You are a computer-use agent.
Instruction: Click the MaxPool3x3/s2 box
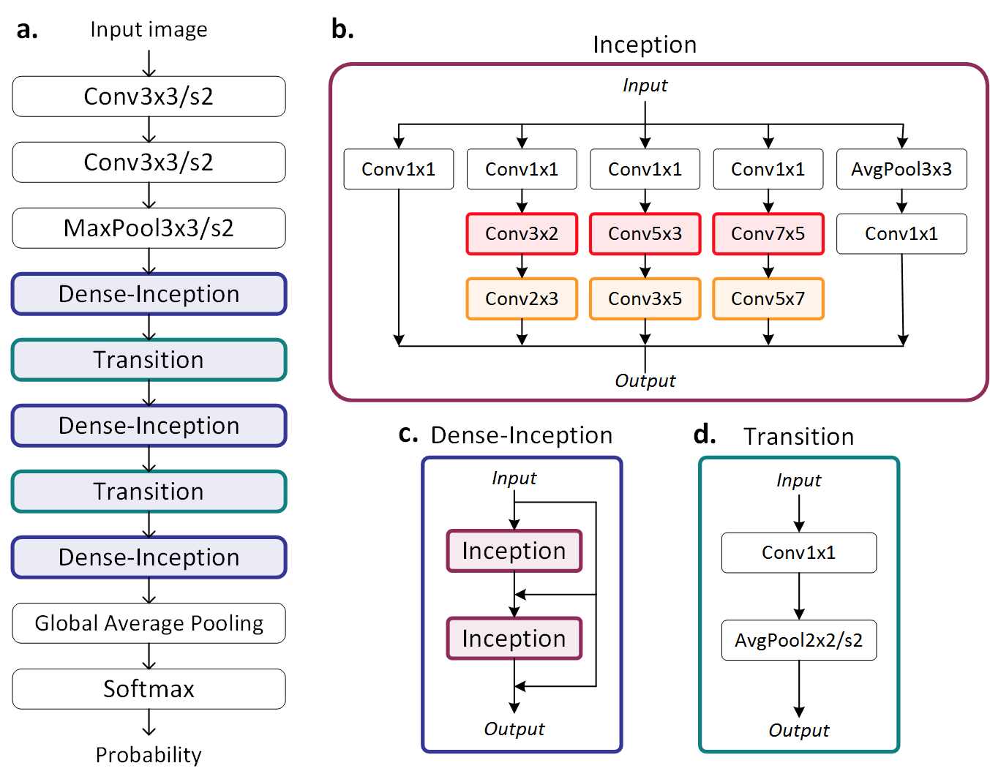[x=149, y=228]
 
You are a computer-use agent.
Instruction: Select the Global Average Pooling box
[x=149, y=623]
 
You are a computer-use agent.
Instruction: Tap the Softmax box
[x=149, y=689]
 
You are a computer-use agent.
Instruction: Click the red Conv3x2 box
[x=522, y=233]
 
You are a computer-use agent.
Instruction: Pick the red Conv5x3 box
[x=645, y=233]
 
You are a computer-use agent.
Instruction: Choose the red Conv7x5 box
[x=768, y=233]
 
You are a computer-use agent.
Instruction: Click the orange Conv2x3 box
[x=522, y=298]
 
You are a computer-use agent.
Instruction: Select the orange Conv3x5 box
[x=645, y=298]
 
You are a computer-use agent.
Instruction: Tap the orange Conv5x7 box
[x=768, y=298]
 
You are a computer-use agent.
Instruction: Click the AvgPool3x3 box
[x=901, y=169]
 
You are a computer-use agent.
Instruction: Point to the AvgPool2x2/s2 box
[x=799, y=640]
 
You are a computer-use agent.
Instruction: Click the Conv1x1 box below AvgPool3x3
[x=901, y=233]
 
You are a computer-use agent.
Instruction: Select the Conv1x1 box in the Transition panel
[x=799, y=553]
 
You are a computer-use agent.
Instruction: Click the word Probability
[x=149, y=756]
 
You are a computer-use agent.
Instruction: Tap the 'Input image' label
[x=149, y=29]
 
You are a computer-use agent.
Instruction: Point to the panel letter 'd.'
[x=705, y=434]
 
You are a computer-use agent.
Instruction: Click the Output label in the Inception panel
[x=645, y=381]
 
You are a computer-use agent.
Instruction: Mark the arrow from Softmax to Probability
[x=149, y=722]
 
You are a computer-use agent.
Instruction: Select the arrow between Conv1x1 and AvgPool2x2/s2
[x=799, y=597]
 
